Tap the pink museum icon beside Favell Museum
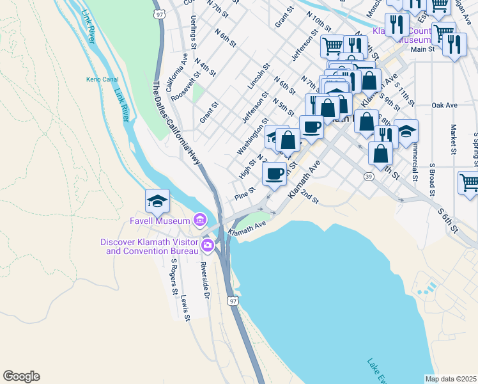pyautogui.click(x=199, y=221)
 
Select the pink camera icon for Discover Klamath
pyautogui.click(x=208, y=245)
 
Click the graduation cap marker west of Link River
pyautogui.click(x=157, y=202)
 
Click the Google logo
pyautogui.click(x=21, y=376)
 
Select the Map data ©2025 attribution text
pyautogui.click(x=451, y=379)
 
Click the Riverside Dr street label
pyautogui.click(x=205, y=280)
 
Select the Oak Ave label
pyautogui.click(x=444, y=105)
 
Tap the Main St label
pyautogui.click(x=422, y=49)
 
